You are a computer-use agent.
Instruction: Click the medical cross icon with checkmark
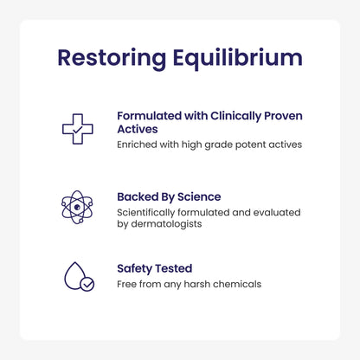(77, 129)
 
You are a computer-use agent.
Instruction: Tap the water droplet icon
(76, 276)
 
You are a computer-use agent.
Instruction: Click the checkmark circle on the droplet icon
(87, 283)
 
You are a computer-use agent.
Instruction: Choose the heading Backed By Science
(169, 196)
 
